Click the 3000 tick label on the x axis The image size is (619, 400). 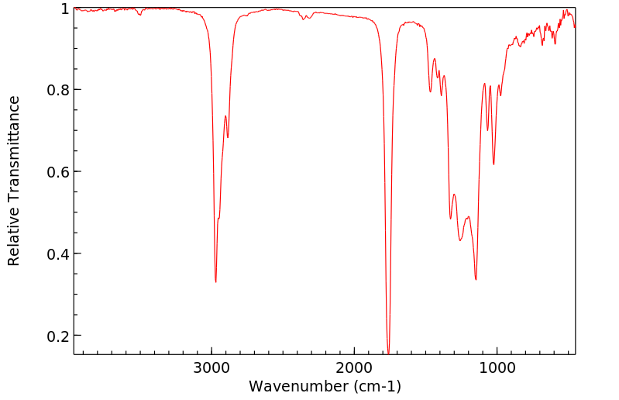tap(211, 367)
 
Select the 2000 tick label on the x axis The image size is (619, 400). tap(354, 367)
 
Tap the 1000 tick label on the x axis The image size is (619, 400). tap(497, 367)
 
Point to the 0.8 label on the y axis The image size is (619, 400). tap(58, 90)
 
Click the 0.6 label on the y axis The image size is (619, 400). tap(58, 172)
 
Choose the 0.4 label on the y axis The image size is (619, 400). tap(58, 254)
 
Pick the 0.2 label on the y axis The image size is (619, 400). tap(58, 336)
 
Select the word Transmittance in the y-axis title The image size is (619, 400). tap(14, 156)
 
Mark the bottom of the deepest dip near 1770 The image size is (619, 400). tap(388, 353)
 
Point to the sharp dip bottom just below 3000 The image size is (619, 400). tap(215, 281)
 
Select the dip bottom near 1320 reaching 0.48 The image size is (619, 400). tap(450, 219)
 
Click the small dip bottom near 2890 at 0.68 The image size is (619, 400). tap(228, 137)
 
